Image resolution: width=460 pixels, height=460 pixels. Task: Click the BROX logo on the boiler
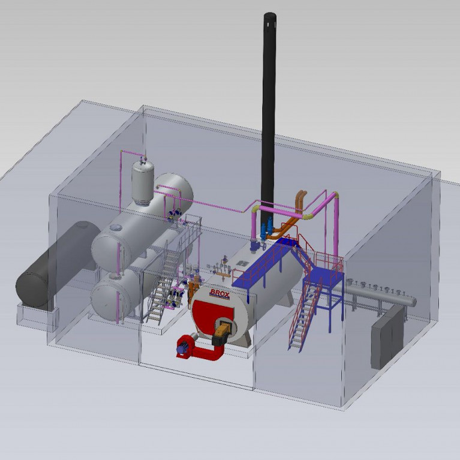pos(220,293)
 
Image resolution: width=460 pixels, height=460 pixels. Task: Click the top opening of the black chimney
pos(270,15)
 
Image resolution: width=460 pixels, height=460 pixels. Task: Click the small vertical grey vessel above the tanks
pos(143,182)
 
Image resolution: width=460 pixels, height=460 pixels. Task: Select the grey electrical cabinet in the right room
pos(387,338)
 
